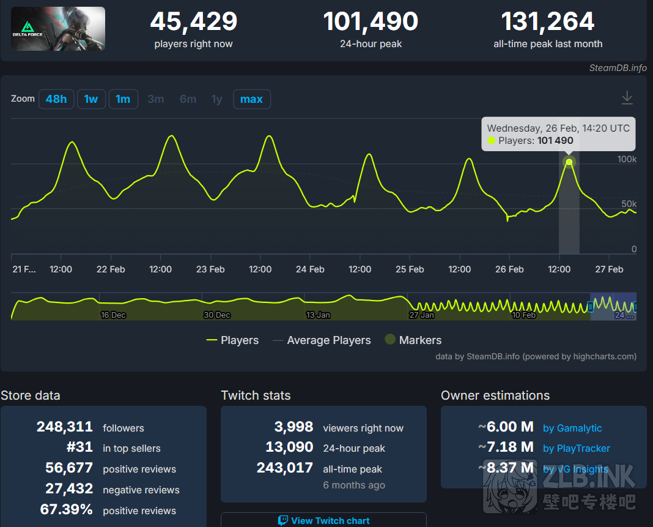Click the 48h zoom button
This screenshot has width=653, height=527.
coord(56,99)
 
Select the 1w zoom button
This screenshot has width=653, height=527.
coord(91,99)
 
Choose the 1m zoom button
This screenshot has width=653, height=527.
coord(123,99)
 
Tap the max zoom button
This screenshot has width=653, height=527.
coord(251,99)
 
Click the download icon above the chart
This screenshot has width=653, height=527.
coord(627,97)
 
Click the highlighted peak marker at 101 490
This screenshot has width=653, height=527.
coord(569,162)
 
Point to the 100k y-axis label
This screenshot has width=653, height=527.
coord(627,159)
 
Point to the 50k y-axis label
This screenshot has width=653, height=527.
coord(629,204)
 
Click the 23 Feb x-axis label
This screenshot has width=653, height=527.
coord(210,269)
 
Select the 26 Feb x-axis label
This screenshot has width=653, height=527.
coord(509,269)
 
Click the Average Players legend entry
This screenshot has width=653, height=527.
coord(322,340)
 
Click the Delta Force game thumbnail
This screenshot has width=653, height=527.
coord(58,29)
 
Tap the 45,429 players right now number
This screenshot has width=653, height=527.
coord(193,22)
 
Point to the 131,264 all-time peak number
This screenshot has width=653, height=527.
coord(548,22)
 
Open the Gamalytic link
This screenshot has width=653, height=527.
coord(572,428)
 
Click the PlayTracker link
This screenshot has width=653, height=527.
coord(576,449)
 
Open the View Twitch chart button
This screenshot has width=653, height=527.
coord(323,520)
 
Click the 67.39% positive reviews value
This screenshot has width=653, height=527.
coord(66,510)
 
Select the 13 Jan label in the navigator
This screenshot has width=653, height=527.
coord(318,315)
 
